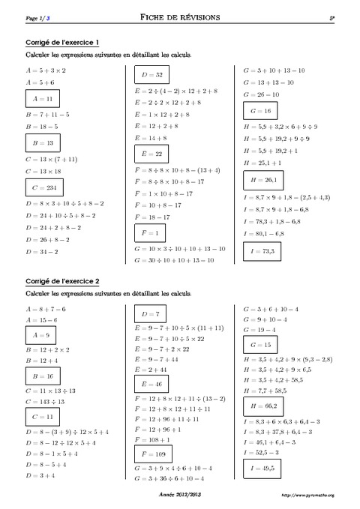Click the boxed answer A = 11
coord(42,98)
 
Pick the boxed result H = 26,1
coord(262,180)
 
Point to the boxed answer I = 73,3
coord(262,251)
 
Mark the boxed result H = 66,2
coord(262,406)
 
